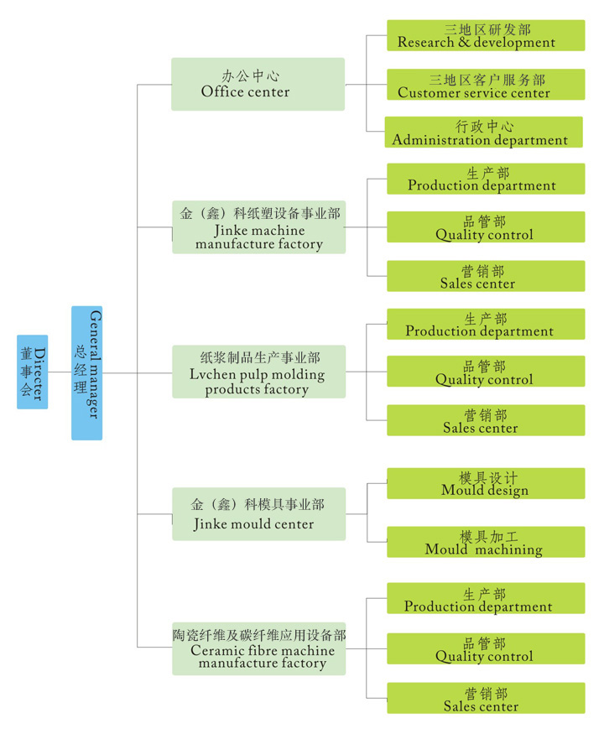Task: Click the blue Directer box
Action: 32,372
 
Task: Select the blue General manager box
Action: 86,372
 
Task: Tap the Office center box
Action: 258,84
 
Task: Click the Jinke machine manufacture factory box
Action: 258,226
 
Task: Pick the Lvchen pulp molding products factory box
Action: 258,371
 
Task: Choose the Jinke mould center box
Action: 258,513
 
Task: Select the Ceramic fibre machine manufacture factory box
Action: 258,648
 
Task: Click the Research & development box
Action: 485,35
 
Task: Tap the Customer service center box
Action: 485,85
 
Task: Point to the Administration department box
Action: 483,133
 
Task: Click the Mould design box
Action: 485,483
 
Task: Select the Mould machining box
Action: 485,542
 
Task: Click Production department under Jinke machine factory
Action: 485,179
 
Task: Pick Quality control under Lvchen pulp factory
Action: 485,372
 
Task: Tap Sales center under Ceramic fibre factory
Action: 485,699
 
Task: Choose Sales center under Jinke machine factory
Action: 485,276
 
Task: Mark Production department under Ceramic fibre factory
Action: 485,599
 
